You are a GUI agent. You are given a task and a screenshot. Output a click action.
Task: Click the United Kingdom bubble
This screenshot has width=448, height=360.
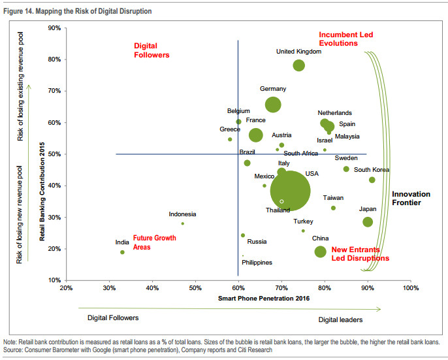[x=299, y=65]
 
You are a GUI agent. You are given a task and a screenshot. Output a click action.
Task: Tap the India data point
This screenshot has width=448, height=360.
[x=122, y=252]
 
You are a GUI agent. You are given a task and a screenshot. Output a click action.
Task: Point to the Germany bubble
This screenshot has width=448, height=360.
[x=273, y=105]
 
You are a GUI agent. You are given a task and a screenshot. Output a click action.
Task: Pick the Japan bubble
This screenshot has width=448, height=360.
[x=368, y=222]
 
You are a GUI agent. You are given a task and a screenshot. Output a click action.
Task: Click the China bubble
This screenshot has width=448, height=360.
[x=320, y=252]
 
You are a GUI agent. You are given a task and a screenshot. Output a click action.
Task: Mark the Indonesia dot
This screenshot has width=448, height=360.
[x=182, y=223]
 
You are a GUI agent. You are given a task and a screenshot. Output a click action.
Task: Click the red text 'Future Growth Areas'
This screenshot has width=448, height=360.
[x=155, y=242]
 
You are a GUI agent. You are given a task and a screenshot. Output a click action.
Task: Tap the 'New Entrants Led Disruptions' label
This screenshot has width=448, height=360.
[x=360, y=254]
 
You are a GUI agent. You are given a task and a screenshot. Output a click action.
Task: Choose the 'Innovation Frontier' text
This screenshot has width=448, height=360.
[x=411, y=199]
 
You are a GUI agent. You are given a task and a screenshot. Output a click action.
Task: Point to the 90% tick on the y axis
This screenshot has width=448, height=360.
[x=54, y=28]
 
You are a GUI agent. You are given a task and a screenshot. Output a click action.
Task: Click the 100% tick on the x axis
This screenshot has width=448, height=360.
[x=410, y=287]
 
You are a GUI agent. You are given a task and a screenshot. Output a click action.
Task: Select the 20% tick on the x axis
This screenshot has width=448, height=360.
[x=66, y=287]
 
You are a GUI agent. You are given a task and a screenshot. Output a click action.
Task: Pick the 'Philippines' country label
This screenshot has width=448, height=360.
[x=257, y=263]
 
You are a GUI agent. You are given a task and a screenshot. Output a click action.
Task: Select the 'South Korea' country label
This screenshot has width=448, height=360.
[x=372, y=170]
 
